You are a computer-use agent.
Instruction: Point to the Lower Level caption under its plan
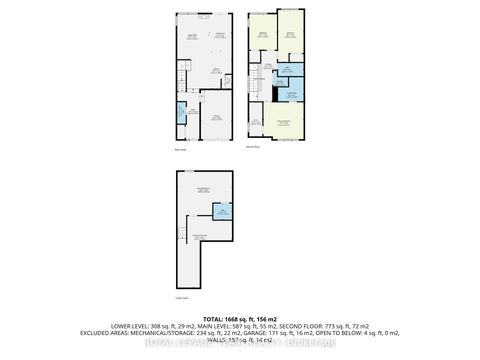tap(181, 297)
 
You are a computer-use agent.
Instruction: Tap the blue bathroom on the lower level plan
tap(221, 212)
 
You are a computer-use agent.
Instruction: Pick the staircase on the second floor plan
tap(265, 75)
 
